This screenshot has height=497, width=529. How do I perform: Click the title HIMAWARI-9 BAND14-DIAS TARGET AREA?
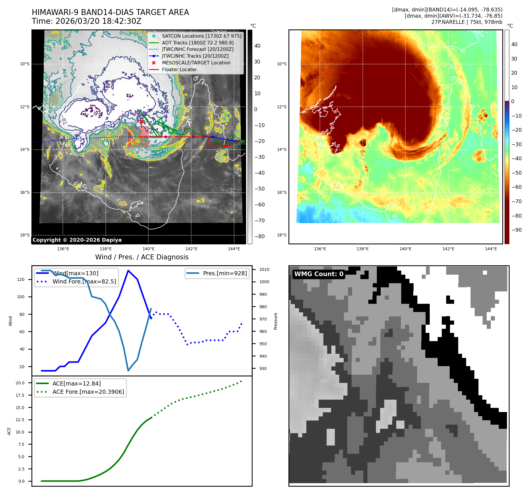[x=110, y=12]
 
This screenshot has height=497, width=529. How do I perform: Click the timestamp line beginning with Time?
[x=86, y=21]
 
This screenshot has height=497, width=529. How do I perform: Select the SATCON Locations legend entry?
[x=201, y=36]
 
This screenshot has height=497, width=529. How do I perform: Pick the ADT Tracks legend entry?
[x=198, y=43]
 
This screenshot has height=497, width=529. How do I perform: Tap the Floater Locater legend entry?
[x=179, y=69]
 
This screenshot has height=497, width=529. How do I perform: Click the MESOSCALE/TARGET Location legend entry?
[x=196, y=63]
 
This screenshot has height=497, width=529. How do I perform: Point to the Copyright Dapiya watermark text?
[x=77, y=240]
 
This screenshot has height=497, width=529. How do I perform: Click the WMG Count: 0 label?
[x=319, y=274]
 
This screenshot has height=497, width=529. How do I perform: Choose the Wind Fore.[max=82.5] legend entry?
[x=84, y=281]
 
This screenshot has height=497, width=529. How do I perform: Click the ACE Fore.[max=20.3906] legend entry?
[x=88, y=392]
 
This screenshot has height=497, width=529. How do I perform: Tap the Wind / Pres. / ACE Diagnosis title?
[x=142, y=257]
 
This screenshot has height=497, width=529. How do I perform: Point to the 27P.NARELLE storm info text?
[x=467, y=22]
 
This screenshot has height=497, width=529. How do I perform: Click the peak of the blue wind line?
[x=128, y=270]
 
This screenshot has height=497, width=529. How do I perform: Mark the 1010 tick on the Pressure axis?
[x=264, y=269]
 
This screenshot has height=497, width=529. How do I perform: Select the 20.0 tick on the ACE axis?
[x=20, y=383]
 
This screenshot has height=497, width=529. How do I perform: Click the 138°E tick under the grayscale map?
[x=105, y=249]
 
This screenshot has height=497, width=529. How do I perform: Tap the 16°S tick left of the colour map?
[x=282, y=192]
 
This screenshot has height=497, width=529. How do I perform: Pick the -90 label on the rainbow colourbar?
[x=516, y=230]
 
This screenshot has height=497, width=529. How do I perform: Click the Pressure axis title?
[x=276, y=321]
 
